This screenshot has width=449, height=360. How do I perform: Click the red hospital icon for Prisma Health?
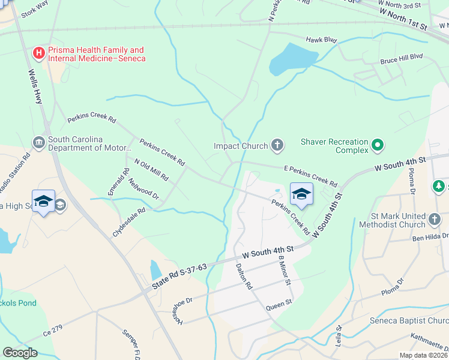39,53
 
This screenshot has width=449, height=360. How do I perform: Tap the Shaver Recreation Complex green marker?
377,145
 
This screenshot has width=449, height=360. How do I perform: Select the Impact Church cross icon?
277,144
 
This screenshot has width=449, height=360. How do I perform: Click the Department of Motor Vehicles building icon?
39,142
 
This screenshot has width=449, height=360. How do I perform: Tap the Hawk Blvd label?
321,40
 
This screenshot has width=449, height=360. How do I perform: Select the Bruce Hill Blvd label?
402,59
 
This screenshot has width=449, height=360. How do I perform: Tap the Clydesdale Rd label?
128,222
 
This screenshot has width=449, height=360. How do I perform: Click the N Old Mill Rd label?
151,170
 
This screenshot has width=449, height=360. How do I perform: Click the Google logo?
20,353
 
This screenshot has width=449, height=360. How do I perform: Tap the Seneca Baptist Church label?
409,320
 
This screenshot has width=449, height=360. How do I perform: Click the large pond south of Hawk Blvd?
292,59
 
